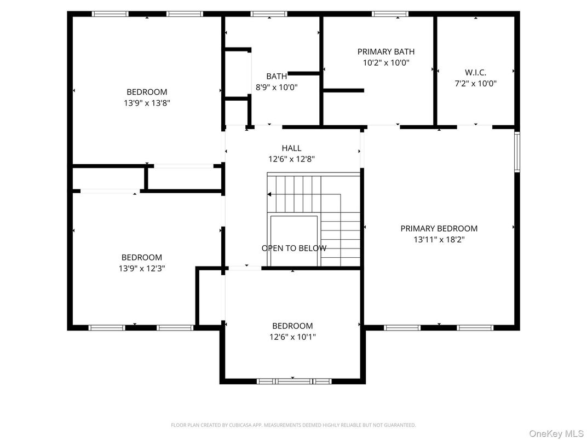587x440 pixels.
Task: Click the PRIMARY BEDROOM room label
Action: pos(439,228)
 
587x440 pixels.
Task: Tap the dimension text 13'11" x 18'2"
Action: pos(439,239)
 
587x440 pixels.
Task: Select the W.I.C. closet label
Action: pos(475,72)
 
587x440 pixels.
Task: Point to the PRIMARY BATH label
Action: pos(386,51)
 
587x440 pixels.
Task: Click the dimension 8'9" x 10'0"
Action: pos(277,87)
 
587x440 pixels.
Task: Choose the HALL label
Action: pos(291,148)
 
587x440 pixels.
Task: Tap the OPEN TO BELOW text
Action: pos(294,248)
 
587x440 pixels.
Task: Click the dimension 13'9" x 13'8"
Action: pos(147,102)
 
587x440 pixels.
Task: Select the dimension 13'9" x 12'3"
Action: pos(142,268)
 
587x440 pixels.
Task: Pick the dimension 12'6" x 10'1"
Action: pos(292,337)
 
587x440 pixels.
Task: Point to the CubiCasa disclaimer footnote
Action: pos(293,425)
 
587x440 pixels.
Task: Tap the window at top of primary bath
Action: pos(390,14)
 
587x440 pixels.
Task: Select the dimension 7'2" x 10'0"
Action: pos(475,84)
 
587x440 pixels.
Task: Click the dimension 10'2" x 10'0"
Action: pos(386,62)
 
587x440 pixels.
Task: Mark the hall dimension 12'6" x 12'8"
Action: pos(291,159)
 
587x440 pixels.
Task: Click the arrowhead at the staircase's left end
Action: pos(269,194)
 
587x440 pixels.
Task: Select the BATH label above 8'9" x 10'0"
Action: pos(277,76)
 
